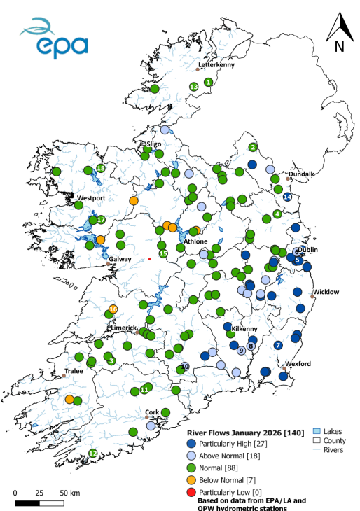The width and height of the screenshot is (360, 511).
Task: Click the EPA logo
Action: click(54, 39)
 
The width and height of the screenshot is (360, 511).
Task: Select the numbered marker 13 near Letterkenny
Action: click(193, 86)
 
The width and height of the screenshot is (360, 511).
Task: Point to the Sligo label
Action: click(153, 143)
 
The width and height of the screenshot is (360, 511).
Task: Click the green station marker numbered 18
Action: click(101, 168)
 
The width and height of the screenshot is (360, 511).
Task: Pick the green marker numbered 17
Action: click(101, 220)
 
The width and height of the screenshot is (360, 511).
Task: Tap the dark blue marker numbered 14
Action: click(287, 197)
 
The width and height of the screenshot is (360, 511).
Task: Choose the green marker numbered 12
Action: click(92, 453)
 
